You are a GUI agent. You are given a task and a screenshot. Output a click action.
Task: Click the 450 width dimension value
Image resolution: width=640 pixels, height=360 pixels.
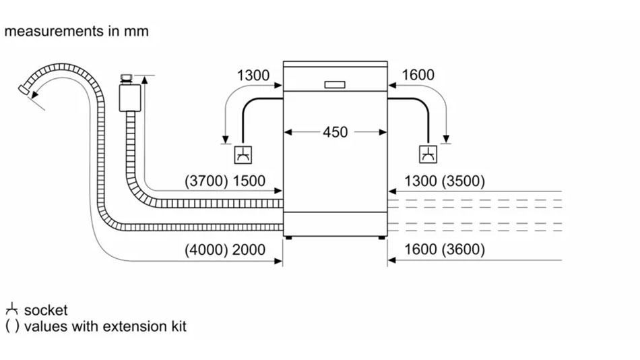(335, 132)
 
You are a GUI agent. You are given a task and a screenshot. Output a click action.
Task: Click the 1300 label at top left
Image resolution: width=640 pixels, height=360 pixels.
(253, 76)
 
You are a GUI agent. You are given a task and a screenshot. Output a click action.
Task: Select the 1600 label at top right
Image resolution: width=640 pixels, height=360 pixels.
(418, 76)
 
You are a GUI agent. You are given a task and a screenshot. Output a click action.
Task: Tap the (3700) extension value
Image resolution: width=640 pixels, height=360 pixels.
(205, 181)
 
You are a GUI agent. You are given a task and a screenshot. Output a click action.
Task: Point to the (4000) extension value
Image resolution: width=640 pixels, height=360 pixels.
(205, 249)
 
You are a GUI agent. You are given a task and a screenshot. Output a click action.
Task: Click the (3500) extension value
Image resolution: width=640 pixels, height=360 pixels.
(463, 181)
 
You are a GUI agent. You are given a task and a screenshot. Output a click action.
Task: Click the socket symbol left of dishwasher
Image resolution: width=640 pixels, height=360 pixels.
(243, 155)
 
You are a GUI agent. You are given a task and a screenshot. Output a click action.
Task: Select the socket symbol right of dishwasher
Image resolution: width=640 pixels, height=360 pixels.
(428, 155)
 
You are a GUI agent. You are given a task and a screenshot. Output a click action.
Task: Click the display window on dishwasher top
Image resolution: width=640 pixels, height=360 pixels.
(335, 85)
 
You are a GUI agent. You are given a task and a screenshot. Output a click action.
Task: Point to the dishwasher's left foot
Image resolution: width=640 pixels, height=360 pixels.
(289, 237)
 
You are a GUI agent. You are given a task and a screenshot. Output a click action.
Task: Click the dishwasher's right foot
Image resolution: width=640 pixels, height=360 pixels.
(382, 237)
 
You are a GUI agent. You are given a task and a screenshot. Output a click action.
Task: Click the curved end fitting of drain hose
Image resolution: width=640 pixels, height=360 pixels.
(25, 90)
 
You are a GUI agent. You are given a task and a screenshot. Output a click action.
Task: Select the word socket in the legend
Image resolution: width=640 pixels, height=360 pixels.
(46, 310)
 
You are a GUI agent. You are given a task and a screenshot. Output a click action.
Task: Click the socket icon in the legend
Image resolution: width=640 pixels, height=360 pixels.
(11, 310)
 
